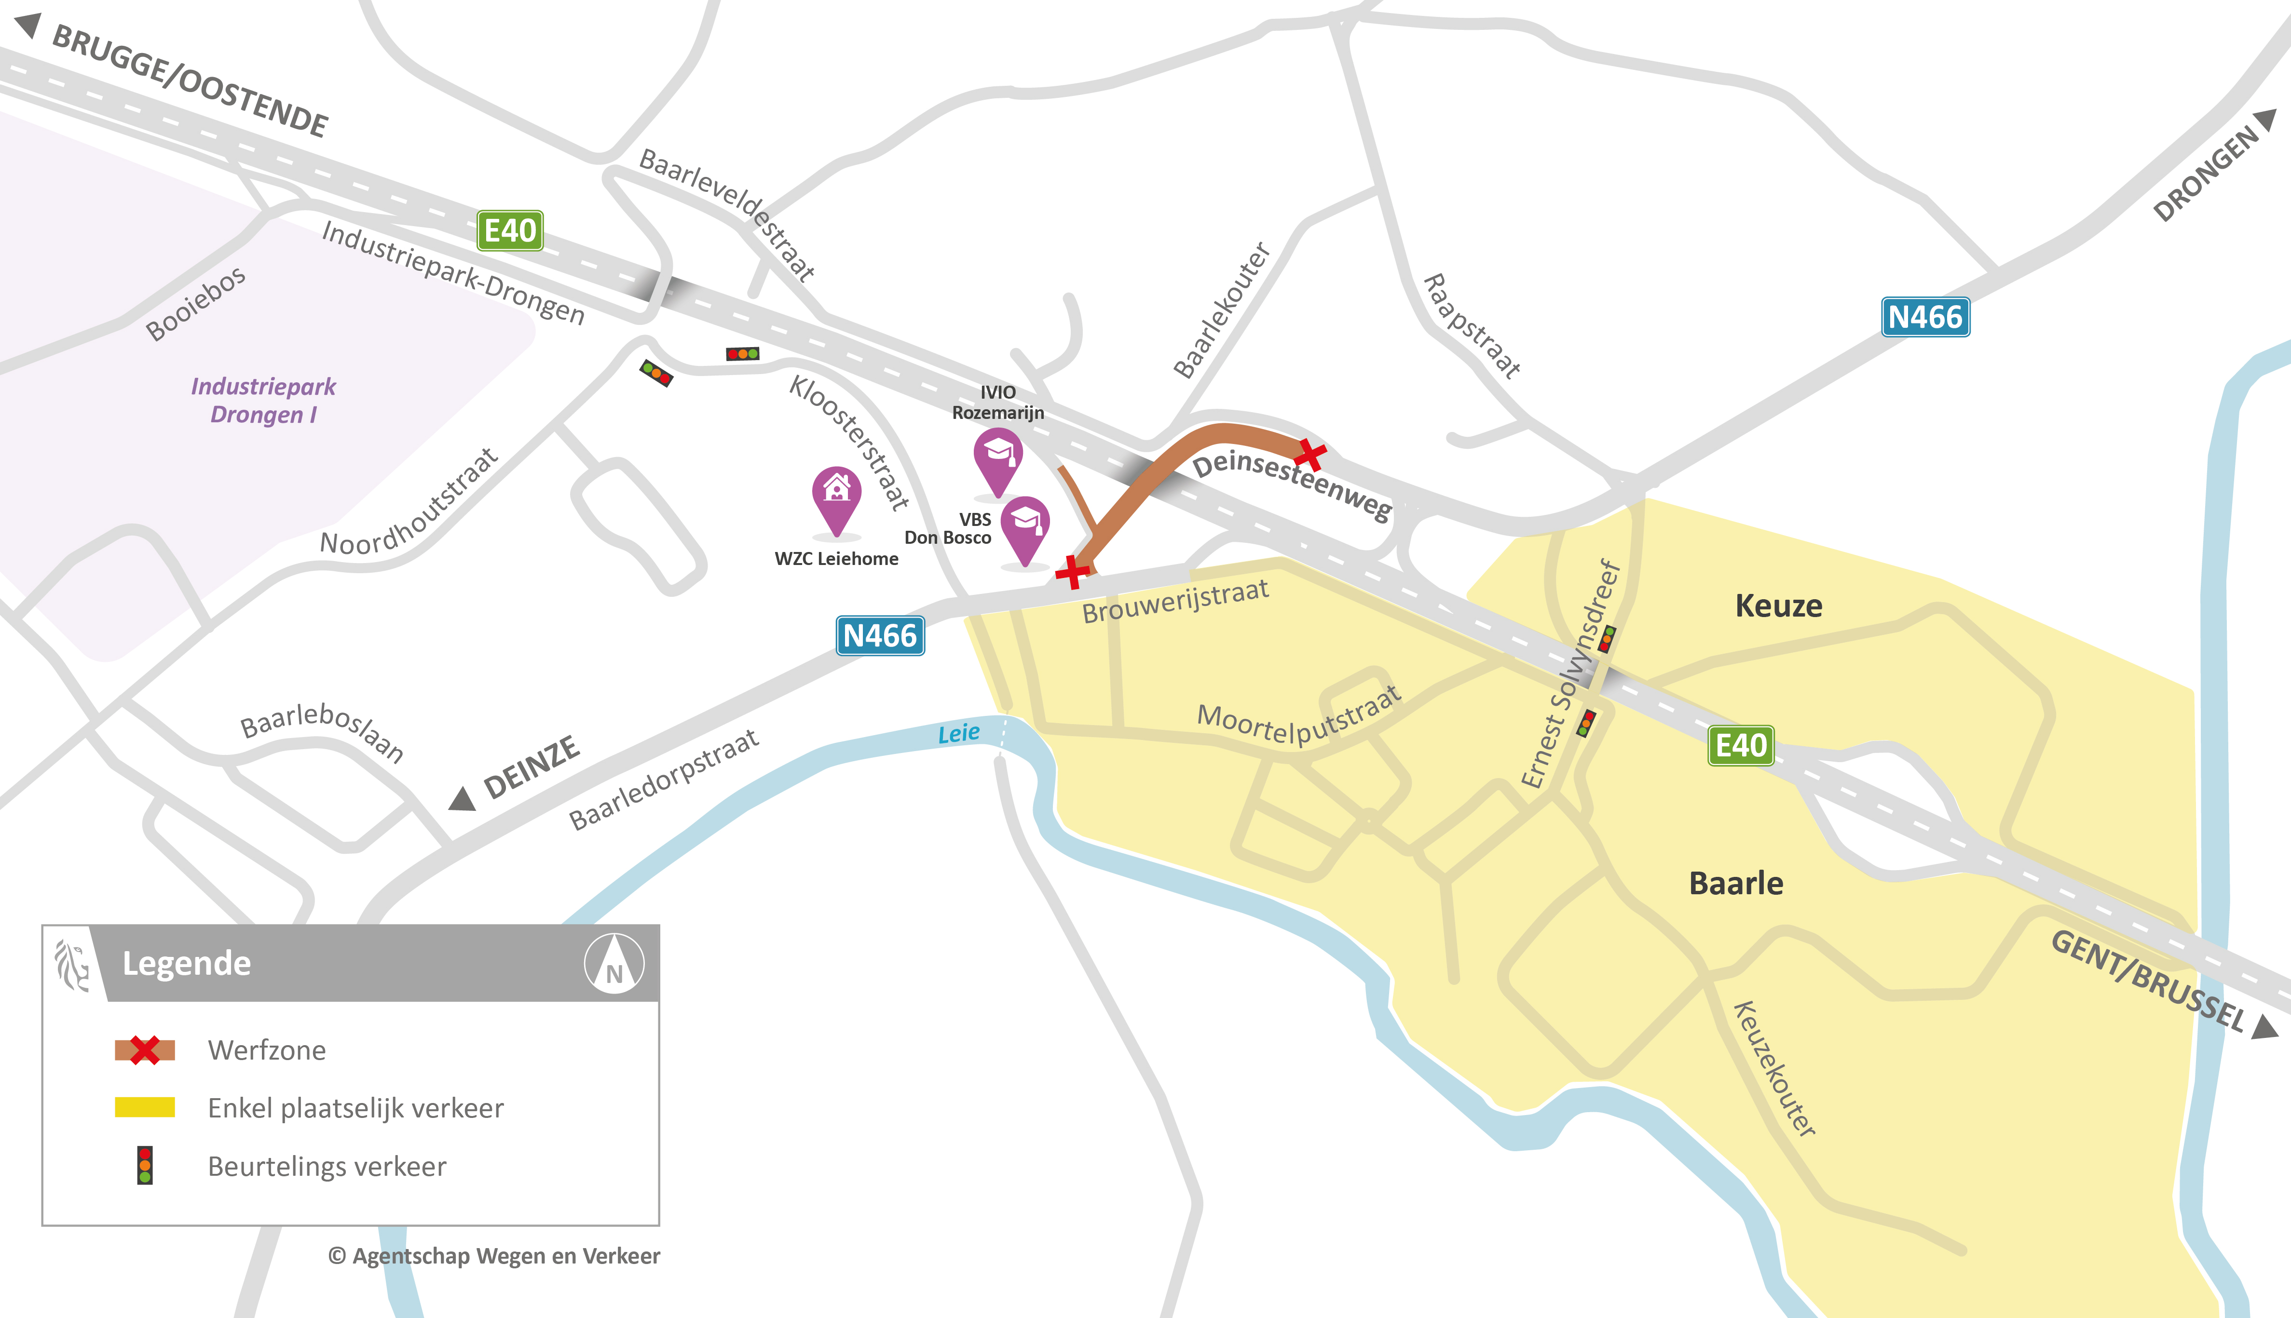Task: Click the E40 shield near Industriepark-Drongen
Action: [510, 231]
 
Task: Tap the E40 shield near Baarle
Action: [1740, 746]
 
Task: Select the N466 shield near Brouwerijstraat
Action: [879, 636]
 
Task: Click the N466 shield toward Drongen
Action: [1925, 318]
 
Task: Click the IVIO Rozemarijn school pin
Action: [998, 457]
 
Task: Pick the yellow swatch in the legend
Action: [145, 1107]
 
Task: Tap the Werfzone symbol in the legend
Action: [145, 1050]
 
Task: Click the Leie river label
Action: [958, 733]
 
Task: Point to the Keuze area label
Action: [1778, 605]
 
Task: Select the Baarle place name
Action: [1736, 884]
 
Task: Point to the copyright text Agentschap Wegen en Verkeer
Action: [494, 1256]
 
